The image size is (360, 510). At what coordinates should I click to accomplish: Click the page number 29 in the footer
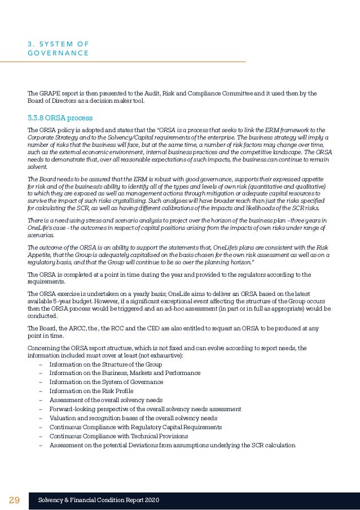click(x=14, y=500)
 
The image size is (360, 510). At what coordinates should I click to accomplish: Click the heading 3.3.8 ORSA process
click(x=60, y=118)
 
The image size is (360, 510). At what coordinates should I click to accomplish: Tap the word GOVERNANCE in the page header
click(x=58, y=53)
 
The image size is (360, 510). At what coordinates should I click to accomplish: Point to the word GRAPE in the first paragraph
click(x=49, y=93)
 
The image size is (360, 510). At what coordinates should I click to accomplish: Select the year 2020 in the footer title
click(x=152, y=500)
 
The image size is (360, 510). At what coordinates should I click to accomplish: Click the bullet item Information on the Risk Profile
click(x=91, y=391)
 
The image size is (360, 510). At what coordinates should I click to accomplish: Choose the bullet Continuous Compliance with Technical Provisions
click(x=118, y=436)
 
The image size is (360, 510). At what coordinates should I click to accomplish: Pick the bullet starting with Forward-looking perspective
click(x=145, y=409)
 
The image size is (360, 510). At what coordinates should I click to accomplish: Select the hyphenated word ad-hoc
click(x=192, y=309)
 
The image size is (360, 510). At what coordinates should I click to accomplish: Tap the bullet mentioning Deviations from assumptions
click(x=172, y=445)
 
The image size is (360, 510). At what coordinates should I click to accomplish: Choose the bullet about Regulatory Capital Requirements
click(x=135, y=427)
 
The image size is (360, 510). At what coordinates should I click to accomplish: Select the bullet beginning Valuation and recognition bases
click(x=133, y=418)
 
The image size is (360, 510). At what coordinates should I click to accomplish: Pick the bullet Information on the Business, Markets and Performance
click(x=125, y=373)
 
